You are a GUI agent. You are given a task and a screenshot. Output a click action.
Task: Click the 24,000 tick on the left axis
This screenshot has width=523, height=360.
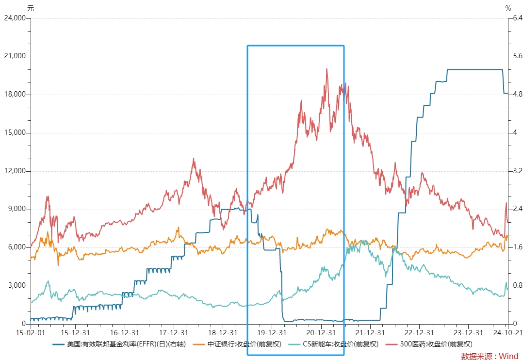pos(15,18)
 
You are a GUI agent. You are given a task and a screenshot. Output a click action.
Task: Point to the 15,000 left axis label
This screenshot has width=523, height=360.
pos(15,133)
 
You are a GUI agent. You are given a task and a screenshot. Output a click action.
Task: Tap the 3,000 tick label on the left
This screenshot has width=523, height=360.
pos(16,286)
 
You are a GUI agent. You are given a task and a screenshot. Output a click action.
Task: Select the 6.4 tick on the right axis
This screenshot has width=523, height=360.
pos(518,18)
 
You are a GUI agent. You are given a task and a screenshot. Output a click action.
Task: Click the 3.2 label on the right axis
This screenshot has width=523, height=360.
pos(518,171)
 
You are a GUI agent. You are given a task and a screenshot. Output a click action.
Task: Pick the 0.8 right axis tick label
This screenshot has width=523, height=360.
pos(518,286)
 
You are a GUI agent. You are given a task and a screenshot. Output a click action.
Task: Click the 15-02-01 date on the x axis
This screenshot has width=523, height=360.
pos(31,333)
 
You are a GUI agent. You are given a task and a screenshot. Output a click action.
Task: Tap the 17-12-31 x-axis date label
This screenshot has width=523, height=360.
pos(174,333)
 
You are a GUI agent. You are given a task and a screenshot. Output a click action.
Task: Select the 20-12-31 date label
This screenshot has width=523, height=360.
pos(321,333)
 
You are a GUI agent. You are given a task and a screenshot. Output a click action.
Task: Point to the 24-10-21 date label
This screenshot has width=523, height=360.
pos(507,333)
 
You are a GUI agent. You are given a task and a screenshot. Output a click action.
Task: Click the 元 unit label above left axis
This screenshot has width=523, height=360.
pos(31,8)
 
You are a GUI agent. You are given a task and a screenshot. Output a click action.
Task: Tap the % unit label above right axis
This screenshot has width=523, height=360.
pos(508,8)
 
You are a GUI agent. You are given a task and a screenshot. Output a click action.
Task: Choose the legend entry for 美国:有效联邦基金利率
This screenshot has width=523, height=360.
pos(119,344)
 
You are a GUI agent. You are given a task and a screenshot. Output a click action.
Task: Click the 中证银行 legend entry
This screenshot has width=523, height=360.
pos(237,344)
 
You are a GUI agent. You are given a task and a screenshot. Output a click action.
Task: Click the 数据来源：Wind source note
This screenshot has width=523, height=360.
pos(490,356)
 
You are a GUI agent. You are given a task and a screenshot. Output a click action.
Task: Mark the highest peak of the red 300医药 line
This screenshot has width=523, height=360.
pos(327,69)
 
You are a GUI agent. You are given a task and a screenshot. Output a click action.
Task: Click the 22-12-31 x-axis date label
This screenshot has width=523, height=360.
pos(419,333)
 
